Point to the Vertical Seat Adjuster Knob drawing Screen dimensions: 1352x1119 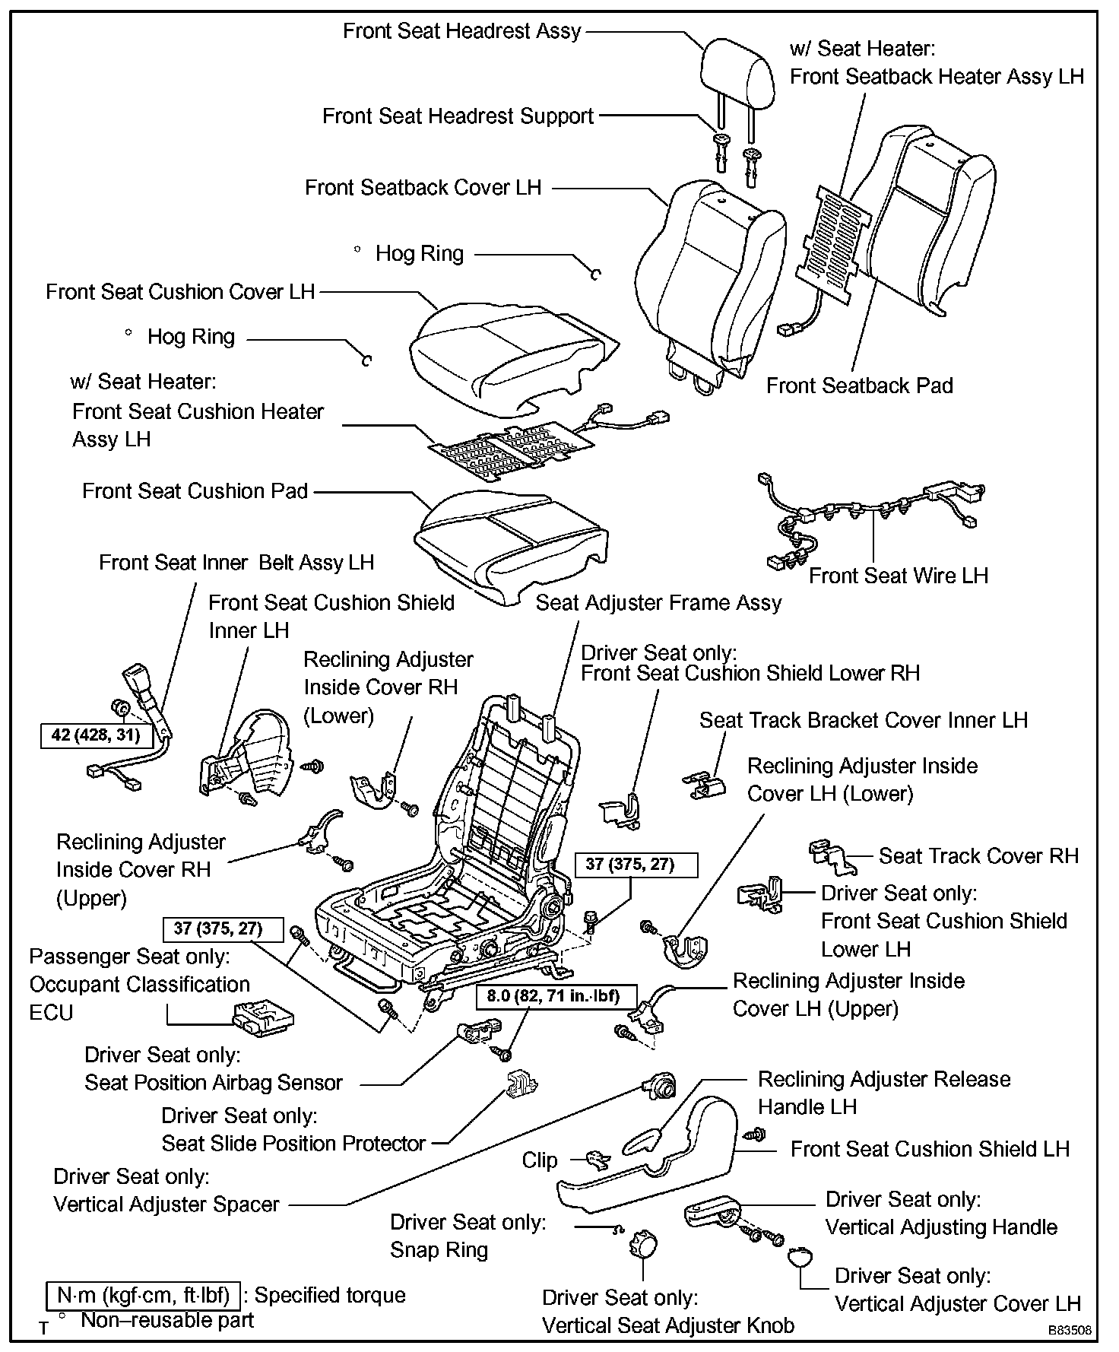(x=643, y=1247)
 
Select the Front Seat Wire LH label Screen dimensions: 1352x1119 (x=898, y=576)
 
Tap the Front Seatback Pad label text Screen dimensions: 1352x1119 (x=859, y=386)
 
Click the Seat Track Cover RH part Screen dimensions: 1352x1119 (x=832, y=855)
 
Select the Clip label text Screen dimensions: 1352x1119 (x=540, y=1160)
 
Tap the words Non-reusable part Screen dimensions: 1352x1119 (x=167, y=1320)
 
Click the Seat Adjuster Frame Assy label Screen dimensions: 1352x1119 (x=658, y=603)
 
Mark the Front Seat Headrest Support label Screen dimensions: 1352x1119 (x=458, y=116)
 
